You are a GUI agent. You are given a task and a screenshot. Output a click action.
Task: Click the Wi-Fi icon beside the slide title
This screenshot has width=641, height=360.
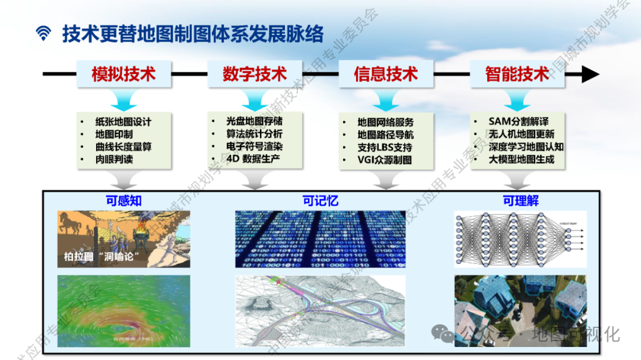pyautogui.click(x=43, y=34)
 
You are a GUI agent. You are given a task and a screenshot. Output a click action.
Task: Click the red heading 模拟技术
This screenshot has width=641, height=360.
pyautogui.click(x=123, y=74)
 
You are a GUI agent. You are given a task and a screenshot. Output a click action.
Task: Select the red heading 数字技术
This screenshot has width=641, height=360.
pyautogui.click(x=255, y=74)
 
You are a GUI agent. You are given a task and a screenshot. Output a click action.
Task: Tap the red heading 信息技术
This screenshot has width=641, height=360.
pyautogui.click(x=386, y=74)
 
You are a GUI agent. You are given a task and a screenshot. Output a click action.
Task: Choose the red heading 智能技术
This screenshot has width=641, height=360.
pyautogui.click(x=517, y=74)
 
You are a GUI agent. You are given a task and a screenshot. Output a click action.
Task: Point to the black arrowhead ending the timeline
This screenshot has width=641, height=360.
pyautogui.click(x=590, y=74)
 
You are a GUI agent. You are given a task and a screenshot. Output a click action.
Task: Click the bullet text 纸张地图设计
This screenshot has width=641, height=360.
pyautogui.click(x=123, y=122)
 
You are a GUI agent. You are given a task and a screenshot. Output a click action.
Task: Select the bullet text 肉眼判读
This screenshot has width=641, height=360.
pyautogui.click(x=114, y=159)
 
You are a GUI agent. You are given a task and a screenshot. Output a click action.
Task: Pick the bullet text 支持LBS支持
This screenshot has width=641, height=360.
pyautogui.click(x=385, y=147)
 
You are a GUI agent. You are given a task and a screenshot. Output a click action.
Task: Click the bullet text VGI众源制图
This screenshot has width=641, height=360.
pyautogui.click(x=385, y=160)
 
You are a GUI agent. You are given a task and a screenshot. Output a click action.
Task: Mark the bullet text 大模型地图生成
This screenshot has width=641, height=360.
pyautogui.click(x=521, y=159)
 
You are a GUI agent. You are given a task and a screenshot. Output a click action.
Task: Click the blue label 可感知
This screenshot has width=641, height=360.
pyautogui.click(x=123, y=200)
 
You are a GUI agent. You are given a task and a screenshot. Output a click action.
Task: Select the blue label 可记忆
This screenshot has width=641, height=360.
pyautogui.click(x=320, y=200)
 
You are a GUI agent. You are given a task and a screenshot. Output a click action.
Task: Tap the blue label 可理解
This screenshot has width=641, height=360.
pyautogui.click(x=520, y=200)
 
